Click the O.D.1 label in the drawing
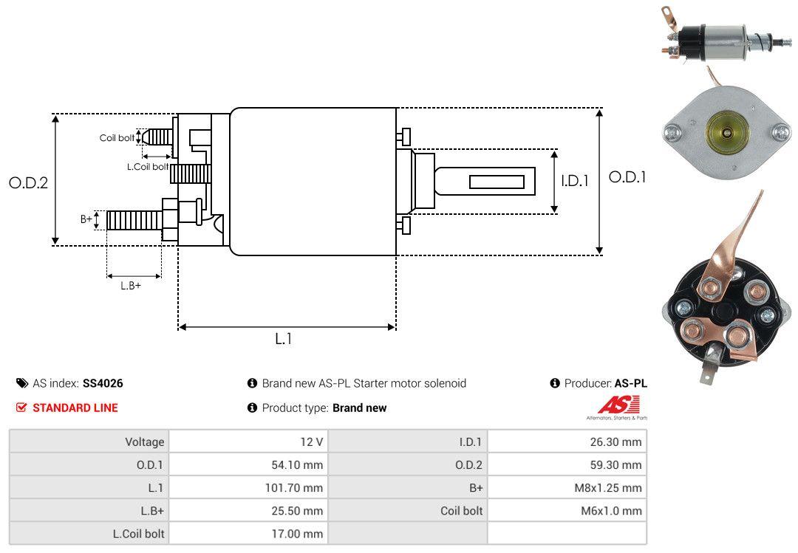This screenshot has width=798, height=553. tap(627, 177)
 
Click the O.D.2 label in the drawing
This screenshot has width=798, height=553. tap(28, 182)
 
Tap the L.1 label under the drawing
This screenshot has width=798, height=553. tap(284, 339)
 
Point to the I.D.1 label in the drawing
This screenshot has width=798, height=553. tap(574, 179)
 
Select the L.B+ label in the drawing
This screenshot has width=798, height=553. tap(130, 285)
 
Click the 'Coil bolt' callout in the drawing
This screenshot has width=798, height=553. tap(117, 138)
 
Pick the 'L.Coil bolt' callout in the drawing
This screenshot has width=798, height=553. tap(148, 167)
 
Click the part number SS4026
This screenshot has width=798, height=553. tap(103, 383)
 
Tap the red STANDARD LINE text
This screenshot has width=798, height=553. tap(75, 408)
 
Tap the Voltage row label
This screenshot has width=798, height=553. tap(144, 442)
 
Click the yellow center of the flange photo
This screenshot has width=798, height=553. tap(726, 132)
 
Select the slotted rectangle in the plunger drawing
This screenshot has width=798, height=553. tap(497, 182)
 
